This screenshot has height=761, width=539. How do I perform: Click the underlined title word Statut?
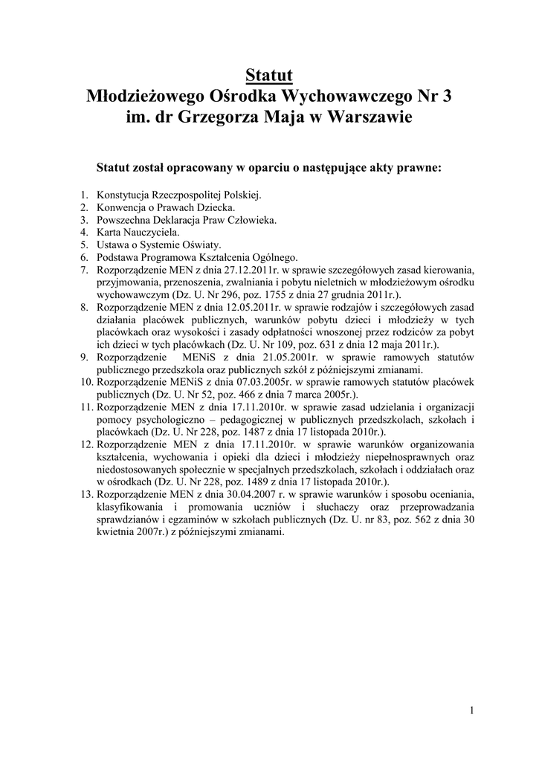[269, 75]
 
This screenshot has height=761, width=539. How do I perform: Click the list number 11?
[85, 408]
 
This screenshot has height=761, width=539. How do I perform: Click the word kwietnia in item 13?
[114, 533]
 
